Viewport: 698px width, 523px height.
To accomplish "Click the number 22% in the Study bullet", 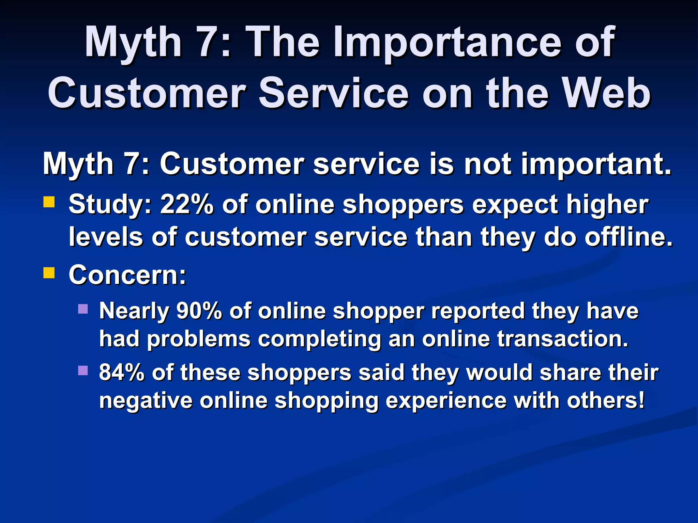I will (187, 204).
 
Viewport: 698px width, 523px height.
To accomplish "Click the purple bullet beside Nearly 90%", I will (83, 309).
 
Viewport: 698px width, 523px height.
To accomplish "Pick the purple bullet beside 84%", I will (83, 370).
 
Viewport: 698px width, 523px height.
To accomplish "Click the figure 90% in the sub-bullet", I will (199, 311).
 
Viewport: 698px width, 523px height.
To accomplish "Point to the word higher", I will (607, 204).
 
